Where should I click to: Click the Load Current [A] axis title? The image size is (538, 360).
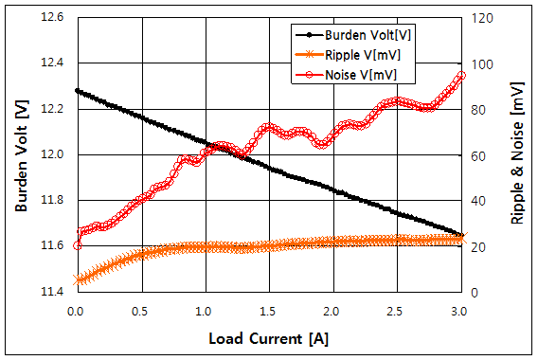[268, 337]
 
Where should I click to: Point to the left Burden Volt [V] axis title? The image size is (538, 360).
[21, 154]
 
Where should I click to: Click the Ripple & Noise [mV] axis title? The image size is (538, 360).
[516, 154]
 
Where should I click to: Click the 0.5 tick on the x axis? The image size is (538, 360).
[140, 311]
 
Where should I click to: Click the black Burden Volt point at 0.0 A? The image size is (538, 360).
[77, 91]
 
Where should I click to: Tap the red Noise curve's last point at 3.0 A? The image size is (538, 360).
[461, 76]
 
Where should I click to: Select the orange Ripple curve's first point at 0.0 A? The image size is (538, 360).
[77, 279]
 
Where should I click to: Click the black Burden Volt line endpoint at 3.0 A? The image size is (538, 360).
[461, 235]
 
